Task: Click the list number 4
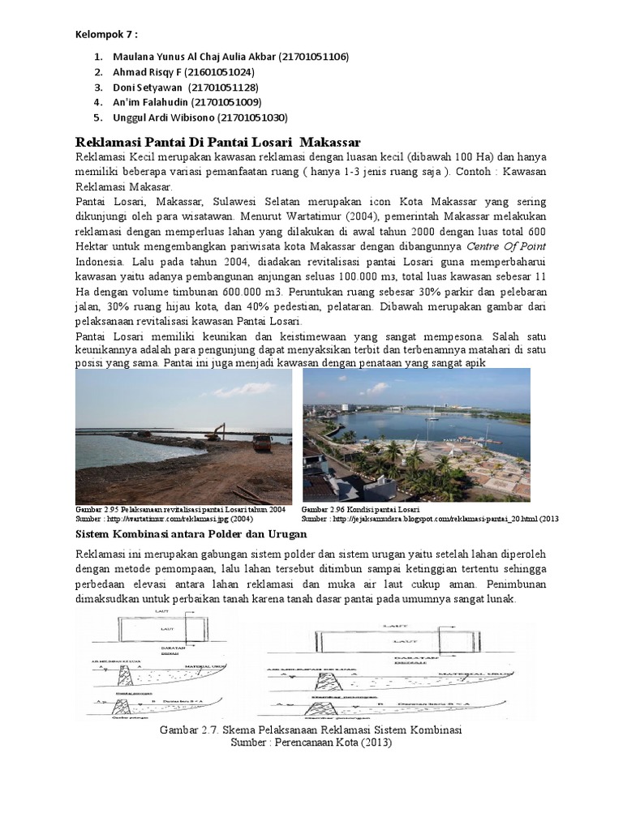coord(97,102)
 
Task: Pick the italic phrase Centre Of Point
coord(505,246)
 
